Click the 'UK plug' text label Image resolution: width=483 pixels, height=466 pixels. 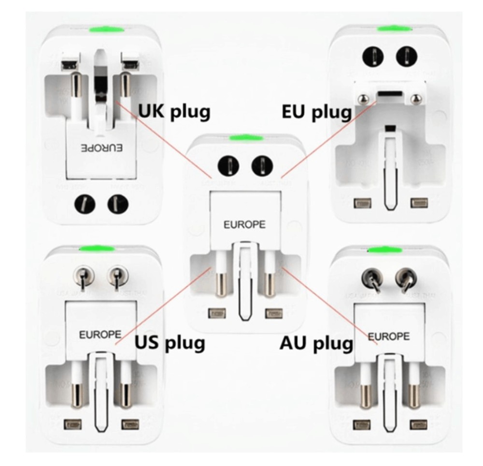tap(174, 112)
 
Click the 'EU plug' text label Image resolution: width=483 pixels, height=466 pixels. tap(317, 113)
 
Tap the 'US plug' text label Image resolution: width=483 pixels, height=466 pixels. tap(170, 343)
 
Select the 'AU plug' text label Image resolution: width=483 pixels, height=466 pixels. tap(316, 344)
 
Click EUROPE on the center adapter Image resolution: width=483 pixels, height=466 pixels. tap(244, 225)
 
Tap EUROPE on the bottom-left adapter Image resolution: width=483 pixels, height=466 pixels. tap(99, 334)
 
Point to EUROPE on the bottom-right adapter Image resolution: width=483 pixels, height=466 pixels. tap(389, 335)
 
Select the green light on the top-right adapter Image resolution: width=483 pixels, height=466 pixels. tap(390, 29)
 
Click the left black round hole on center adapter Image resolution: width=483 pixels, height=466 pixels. tap(228, 167)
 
